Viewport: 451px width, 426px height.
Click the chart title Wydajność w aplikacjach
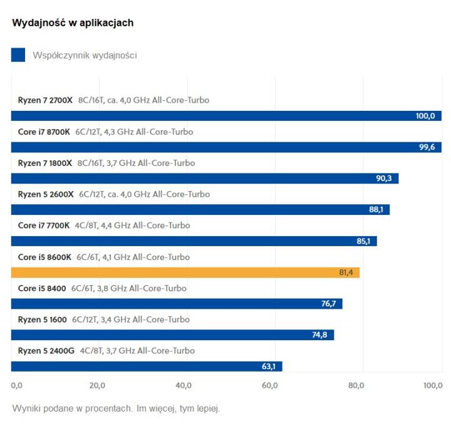pyautogui.click(x=73, y=23)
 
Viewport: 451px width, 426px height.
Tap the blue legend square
pyautogui.click(x=18, y=55)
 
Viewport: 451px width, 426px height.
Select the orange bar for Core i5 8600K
pyautogui.click(x=185, y=273)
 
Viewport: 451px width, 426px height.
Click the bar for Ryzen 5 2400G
pyautogui.click(x=147, y=366)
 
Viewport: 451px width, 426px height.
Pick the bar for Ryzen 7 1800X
pyautogui.click(x=205, y=179)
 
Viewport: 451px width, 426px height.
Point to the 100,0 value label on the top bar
pyautogui.click(x=425, y=116)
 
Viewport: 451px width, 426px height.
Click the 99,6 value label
pyautogui.click(x=427, y=147)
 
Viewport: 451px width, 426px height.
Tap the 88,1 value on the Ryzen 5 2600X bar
pyautogui.click(x=376, y=210)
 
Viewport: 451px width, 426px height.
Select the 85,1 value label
pyautogui.click(x=363, y=241)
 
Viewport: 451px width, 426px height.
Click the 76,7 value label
pyautogui.click(x=328, y=304)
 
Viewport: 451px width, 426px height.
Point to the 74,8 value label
pyautogui.click(x=320, y=335)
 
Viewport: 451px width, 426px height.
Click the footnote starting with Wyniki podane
pyautogui.click(x=116, y=409)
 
